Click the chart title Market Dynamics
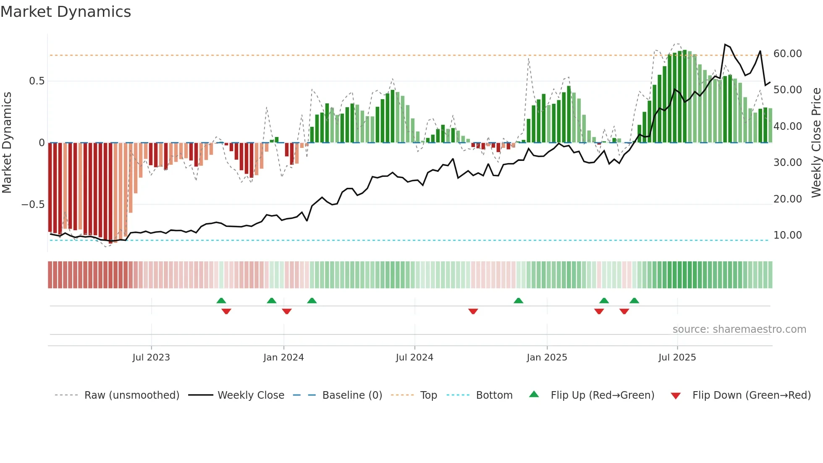pyautogui.click(x=66, y=12)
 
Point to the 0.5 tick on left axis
pyautogui.click(x=37, y=81)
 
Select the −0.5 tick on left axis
pyautogui.click(x=33, y=205)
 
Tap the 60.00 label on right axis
pyautogui.click(x=787, y=54)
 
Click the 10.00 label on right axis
pyautogui.click(x=787, y=235)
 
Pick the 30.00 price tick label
pyautogui.click(x=787, y=163)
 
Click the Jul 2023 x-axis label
pyautogui.click(x=151, y=358)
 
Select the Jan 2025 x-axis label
pyautogui.click(x=547, y=358)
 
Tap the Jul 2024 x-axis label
pyautogui.click(x=414, y=358)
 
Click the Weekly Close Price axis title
pyautogui.click(x=816, y=142)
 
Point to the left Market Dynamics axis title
pyautogui.click(x=7, y=142)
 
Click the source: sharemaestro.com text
pyautogui.click(x=739, y=329)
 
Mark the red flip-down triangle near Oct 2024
pyautogui.click(x=473, y=311)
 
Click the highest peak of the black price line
pyautogui.click(x=725, y=45)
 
